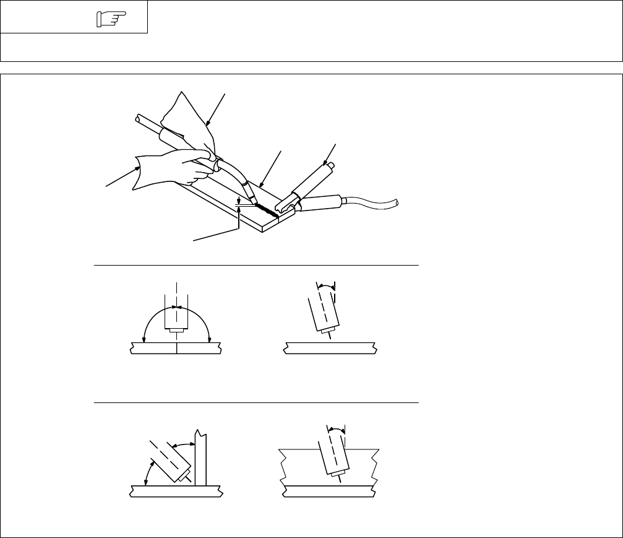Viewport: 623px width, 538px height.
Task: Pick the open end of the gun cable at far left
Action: click(x=136, y=118)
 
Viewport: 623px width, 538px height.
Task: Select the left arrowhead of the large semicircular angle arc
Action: click(x=144, y=339)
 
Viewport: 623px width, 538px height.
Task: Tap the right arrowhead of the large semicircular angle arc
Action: click(x=210, y=339)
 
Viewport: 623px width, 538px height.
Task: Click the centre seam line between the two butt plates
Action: click(x=177, y=350)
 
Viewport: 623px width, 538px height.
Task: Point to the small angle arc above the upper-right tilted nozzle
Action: click(x=325, y=287)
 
